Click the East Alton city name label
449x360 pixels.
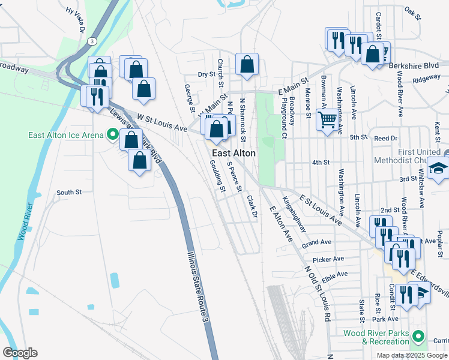(x=234, y=154)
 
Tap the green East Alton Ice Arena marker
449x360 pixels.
(x=111, y=134)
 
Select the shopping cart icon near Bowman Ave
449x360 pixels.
(x=327, y=119)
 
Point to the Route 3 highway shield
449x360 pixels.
(x=91, y=41)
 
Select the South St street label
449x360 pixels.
(x=68, y=193)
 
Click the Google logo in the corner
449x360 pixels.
(x=20, y=353)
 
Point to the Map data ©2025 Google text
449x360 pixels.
(x=412, y=355)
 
